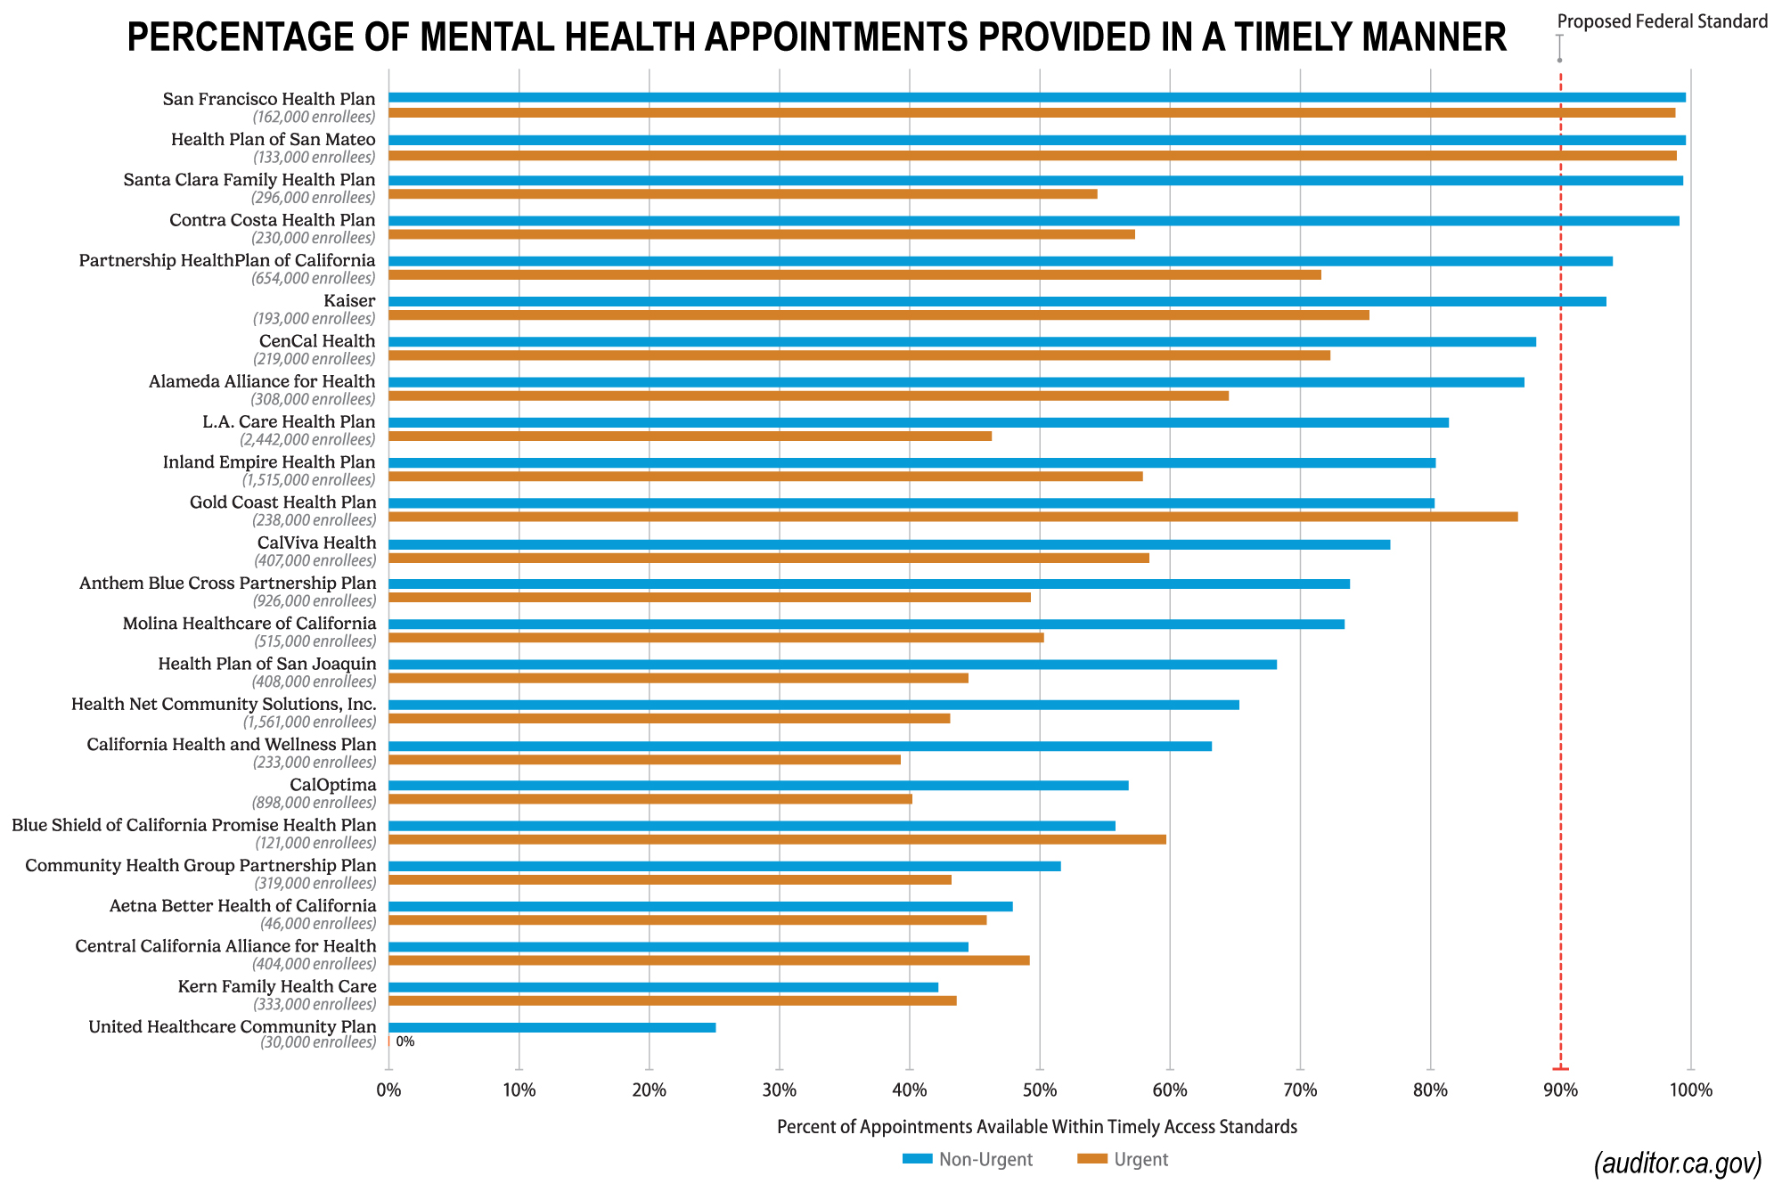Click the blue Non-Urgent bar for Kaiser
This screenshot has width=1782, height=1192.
point(997,301)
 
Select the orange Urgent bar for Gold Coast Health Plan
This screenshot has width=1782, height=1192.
point(953,517)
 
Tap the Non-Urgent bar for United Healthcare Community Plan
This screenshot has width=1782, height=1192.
point(552,1027)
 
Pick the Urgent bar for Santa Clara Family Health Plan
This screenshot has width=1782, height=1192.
point(743,194)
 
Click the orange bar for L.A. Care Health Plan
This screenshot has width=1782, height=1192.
point(690,437)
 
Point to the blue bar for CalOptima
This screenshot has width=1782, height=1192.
point(758,785)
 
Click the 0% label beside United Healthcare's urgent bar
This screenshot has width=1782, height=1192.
point(405,1041)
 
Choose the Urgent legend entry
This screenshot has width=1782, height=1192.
point(1123,1159)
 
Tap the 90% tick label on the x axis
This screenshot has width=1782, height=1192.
point(1561,1090)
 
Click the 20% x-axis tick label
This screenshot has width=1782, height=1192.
point(650,1090)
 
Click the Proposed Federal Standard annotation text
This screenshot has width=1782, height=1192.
point(1663,21)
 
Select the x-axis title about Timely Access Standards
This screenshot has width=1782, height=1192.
point(1037,1127)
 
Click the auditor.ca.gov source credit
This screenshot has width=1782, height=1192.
point(1678,1163)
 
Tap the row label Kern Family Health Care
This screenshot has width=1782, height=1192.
point(277,986)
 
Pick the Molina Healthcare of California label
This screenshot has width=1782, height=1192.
point(249,623)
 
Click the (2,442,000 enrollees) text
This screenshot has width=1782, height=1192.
point(307,439)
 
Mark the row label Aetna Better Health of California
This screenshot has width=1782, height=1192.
point(243,905)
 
